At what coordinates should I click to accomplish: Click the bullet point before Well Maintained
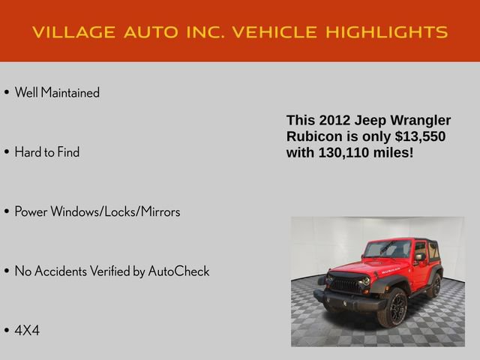6,93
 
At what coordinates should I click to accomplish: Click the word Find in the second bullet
68,152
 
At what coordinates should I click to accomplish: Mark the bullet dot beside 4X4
6,330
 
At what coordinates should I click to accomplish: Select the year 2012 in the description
334,120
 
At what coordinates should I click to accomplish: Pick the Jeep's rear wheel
436,285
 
